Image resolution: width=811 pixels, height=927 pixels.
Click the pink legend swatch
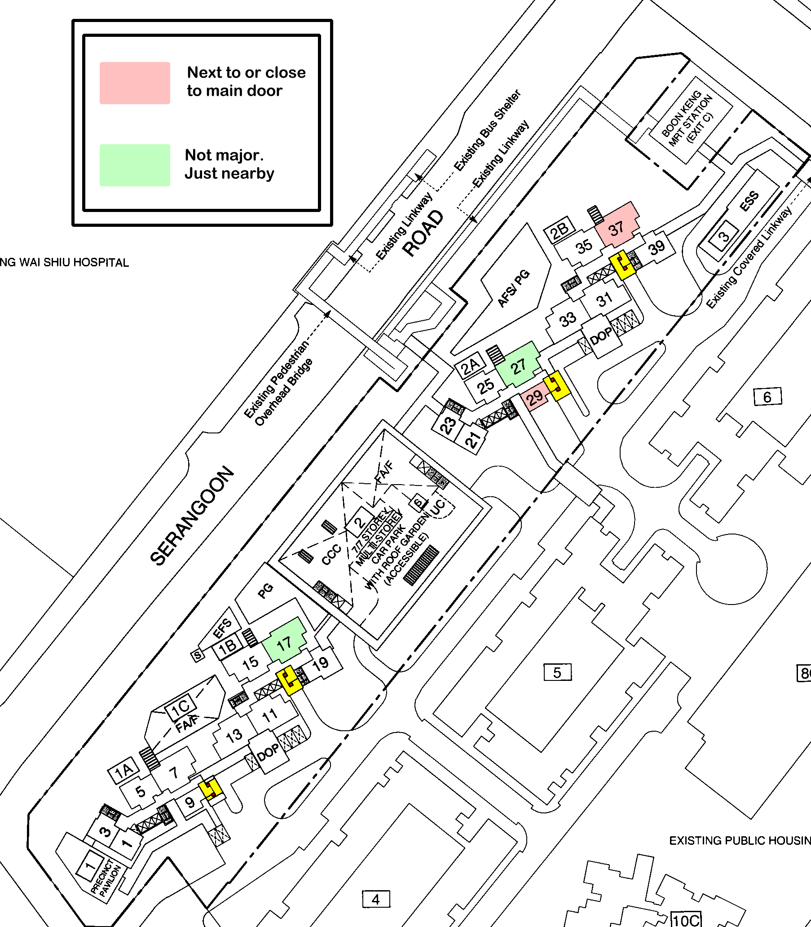(134, 83)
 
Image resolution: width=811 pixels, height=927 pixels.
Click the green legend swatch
(134, 165)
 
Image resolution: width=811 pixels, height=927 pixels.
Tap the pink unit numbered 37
(617, 226)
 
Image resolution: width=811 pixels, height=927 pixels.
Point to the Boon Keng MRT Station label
(687, 118)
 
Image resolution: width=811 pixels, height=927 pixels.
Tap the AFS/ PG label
(513, 288)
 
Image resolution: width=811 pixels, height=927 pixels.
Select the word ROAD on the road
(423, 233)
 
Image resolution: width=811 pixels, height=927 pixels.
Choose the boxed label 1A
(123, 770)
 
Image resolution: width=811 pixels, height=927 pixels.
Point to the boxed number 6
(767, 397)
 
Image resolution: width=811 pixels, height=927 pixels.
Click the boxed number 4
(375, 899)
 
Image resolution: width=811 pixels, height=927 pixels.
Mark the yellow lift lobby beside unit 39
(623, 265)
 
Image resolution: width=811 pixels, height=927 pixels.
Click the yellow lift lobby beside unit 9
(211, 789)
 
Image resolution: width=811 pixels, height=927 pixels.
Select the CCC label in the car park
(331, 554)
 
